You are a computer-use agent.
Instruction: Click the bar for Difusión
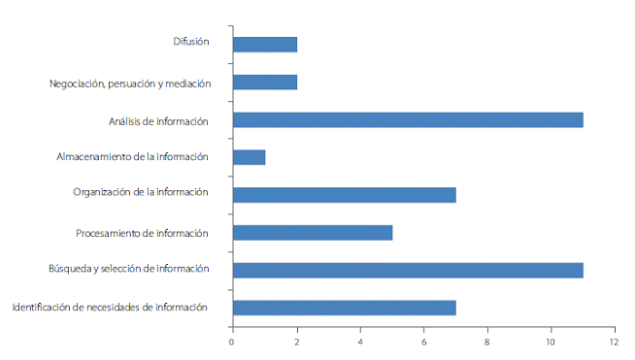click(265, 45)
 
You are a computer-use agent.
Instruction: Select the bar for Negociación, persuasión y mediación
click(265, 82)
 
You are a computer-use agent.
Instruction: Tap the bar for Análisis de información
click(408, 120)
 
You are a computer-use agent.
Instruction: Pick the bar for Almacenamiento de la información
click(250, 157)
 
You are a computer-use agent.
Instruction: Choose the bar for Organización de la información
click(345, 195)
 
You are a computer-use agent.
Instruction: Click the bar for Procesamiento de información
click(313, 233)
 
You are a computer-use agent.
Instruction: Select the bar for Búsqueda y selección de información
click(408, 270)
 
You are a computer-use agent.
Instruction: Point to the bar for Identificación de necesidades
click(345, 308)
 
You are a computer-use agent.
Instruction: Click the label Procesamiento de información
click(142, 233)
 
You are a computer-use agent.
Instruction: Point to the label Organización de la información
click(141, 192)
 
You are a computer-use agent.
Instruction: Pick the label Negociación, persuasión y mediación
click(129, 83)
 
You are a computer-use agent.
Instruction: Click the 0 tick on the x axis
click(232, 342)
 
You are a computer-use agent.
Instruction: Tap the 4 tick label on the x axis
click(360, 342)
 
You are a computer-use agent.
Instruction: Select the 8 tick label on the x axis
click(487, 342)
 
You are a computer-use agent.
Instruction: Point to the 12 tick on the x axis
click(614, 342)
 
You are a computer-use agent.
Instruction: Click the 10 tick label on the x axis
click(551, 342)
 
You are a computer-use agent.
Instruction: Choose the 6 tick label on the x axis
click(424, 342)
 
